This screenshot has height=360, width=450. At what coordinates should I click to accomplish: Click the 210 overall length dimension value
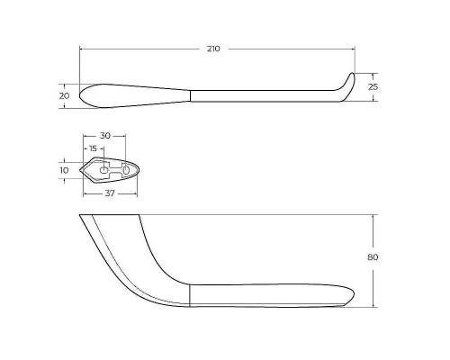(x=213, y=49)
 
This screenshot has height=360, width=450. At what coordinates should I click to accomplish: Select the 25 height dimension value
(x=373, y=87)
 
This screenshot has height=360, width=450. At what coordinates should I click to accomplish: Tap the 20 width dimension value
(x=64, y=96)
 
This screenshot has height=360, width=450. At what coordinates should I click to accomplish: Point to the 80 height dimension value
(x=373, y=257)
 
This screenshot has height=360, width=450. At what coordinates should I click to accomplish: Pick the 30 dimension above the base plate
(x=105, y=136)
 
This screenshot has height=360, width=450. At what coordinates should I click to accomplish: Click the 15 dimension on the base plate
(x=94, y=148)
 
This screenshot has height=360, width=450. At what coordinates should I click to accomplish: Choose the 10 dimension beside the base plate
(x=64, y=170)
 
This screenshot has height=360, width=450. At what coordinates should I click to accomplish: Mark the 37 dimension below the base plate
(x=110, y=193)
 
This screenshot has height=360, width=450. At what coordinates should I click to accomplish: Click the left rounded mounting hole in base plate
(x=103, y=170)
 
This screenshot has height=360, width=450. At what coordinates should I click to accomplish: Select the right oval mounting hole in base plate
(x=126, y=170)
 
